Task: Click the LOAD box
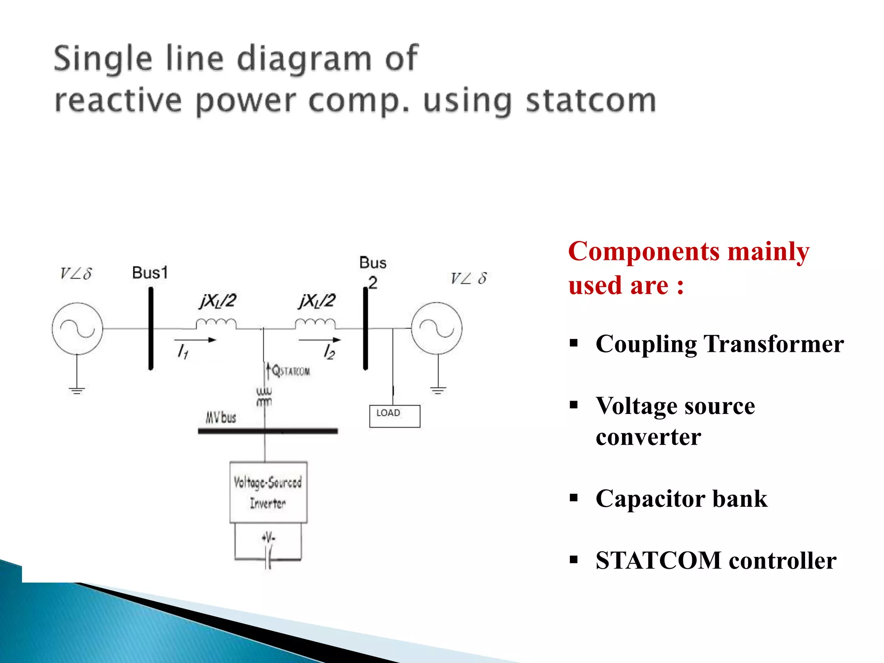(395, 416)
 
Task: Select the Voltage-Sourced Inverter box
(268, 492)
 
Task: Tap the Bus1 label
(150, 273)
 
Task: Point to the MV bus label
(221, 417)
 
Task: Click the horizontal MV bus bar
(268, 431)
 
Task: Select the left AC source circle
(77, 329)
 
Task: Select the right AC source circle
(436, 328)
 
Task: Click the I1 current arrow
(195, 340)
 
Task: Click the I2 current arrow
(319, 340)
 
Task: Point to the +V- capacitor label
(268, 537)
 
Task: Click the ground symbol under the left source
(77, 391)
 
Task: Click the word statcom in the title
(590, 101)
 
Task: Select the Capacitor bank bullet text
(681, 499)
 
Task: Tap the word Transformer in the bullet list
(773, 344)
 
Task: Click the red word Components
(644, 251)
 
